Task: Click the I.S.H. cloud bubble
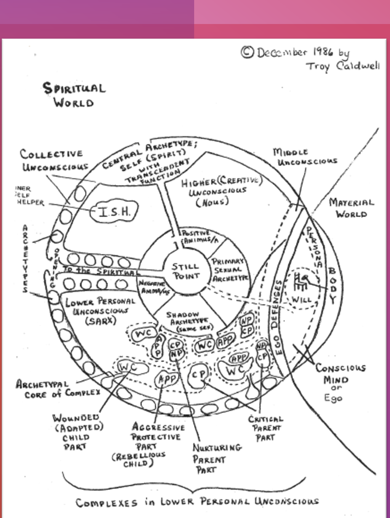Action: [114, 212]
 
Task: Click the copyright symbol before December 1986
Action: [247, 52]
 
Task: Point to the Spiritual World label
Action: [74, 95]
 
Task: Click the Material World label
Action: [351, 208]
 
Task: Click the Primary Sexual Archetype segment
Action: [229, 270]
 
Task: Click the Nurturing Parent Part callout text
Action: [217, 458]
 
